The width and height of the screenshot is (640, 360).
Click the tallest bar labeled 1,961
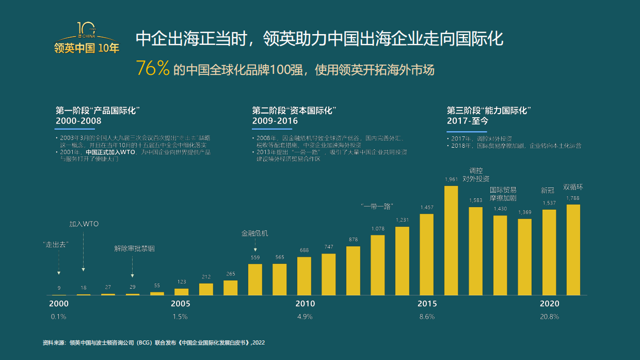[451, 240]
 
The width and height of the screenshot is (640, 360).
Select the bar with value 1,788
[573, 249]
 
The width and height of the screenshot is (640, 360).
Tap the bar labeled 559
[255, 279]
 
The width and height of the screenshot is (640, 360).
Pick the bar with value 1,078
[378, 265]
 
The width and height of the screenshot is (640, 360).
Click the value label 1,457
[427, 207]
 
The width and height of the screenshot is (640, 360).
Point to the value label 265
[230, 274]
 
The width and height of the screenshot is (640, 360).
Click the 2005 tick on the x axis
[180, 304]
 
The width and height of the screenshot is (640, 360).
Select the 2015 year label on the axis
[427, 304]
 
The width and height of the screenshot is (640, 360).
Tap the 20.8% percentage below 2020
[549, 317]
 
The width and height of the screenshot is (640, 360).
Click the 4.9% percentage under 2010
[305, 317]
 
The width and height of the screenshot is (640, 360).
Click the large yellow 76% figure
[153, 69]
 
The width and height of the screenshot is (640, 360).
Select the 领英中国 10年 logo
[87, 39]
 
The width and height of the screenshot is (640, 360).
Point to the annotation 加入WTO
[84, 224]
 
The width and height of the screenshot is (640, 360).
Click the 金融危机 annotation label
[255, 233]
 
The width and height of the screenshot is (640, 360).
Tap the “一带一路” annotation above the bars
[377, 206]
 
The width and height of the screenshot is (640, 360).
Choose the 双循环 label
[573, 187]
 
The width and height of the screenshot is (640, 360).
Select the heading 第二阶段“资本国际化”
[294, 111]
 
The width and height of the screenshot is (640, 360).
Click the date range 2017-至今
[467, 121]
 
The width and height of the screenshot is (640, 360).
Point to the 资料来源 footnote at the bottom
[154, 342]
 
